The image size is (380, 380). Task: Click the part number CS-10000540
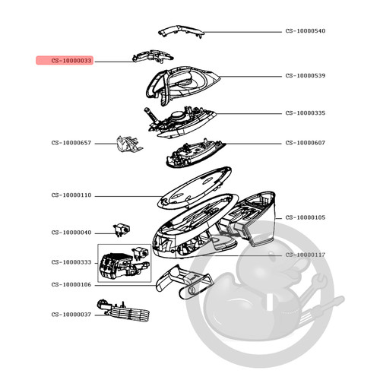306,31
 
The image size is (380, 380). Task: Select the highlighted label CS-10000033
71,61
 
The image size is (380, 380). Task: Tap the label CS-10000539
306,76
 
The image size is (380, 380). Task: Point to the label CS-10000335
306,113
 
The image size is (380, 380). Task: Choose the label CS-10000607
306,143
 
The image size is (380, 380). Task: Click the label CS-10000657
71,143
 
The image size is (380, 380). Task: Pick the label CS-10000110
71,195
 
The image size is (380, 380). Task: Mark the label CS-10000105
306,217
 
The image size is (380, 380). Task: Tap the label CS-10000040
71,233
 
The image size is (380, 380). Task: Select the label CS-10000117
306,255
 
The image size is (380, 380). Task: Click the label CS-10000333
71,262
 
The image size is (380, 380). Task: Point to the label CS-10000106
71,285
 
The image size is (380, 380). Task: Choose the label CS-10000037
71,315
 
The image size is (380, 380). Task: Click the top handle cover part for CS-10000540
180,31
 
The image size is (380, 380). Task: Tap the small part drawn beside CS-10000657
129,144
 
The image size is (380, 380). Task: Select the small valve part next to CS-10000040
122,230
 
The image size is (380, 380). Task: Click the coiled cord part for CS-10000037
124,311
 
